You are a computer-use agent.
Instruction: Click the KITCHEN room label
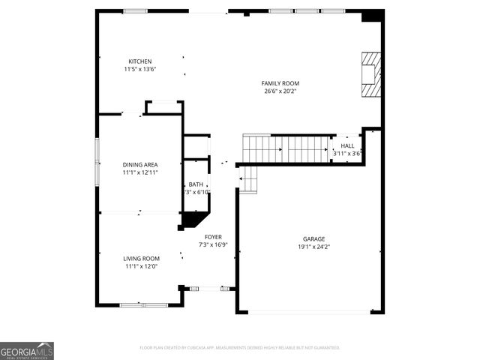pyautogui.click(x=140, y=61)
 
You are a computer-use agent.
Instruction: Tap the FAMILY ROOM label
pyautogui.click(x=280, y=83)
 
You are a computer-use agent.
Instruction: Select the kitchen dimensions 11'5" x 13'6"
pyautogui.click(x=140, y=70)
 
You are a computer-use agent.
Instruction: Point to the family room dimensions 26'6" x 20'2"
pyautogui.click(x=280, y=91)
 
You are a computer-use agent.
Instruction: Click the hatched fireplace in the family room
pyautogui.click(x=371, y=74)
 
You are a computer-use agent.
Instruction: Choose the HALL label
pyautogui.click(x=347, y=145)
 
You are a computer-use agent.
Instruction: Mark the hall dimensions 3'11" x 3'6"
pyautogui.click(x=347, y=154)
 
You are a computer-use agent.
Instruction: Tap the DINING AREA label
pyautogui.click(x=140, y=164)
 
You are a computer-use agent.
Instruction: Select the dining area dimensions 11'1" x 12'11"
pyautogui.click(x=140, y=172)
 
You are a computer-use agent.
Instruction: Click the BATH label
pyautogui.click(x=196, y=184)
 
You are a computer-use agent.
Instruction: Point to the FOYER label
pyautogui.click(x=213, y=237)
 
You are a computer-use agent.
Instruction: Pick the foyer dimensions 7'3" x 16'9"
pyautogui.click(x=213, y=245)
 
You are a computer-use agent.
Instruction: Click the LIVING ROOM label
pyautogui.click(x=142, y=259)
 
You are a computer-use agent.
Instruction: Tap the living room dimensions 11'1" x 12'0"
pyautogui.click(x=142, y=267)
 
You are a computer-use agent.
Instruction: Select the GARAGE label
pyautogui.click(x=310, y=238)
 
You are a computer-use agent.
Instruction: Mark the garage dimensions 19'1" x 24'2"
pyautogui.click(x=310, y=247)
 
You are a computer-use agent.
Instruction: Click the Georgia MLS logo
pyautogui.click(x=27, y=351)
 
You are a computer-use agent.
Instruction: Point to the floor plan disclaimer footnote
pyautogui.click(x=240, y=348)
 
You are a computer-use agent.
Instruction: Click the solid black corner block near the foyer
pyautogui.click(x=193, y=219)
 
